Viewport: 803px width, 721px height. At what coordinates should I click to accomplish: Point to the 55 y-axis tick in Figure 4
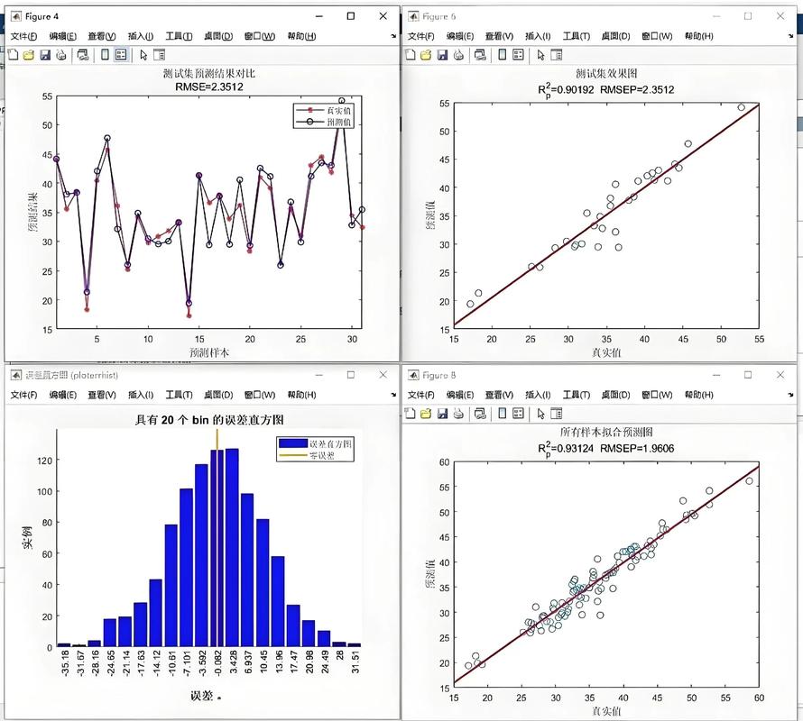(x=47, y=96)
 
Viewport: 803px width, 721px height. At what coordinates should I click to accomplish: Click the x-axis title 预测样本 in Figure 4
(x=208, y=351)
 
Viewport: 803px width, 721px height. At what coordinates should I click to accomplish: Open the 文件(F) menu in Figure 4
(x=23, y=36)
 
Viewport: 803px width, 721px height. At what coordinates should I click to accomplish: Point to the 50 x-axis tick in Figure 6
(x=721, y=339)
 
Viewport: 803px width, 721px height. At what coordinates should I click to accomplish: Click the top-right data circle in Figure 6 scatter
(x=742, y=107)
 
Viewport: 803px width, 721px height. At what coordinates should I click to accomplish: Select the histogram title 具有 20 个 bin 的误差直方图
(x=209, y=419)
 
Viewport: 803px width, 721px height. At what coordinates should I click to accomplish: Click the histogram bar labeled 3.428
(x=232, y=548)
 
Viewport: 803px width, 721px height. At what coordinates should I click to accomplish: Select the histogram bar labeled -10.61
(x=171, y=586)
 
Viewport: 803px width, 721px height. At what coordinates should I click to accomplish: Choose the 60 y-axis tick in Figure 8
(x=443, y=462)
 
